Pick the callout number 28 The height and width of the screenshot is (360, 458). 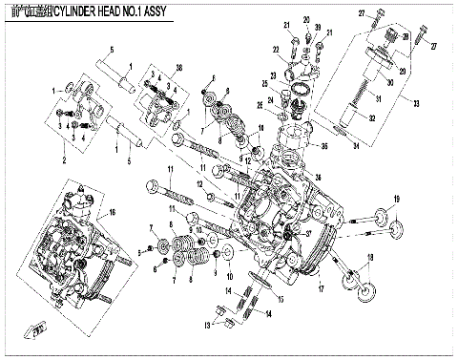coord(408,36)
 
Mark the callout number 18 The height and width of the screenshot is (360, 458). coord(371,259)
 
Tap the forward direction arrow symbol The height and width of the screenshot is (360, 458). coord(38,331)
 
